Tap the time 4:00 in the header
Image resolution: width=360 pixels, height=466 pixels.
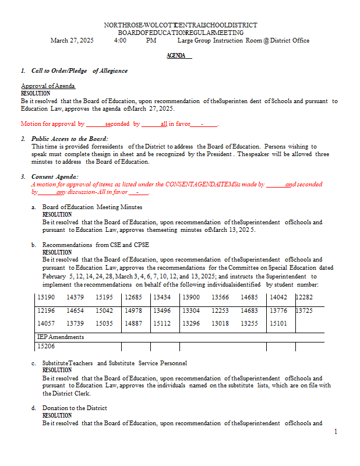tap(121, 41)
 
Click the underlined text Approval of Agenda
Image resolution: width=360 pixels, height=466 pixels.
tap(48, 86)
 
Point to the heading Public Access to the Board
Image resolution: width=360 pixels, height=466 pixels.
tap(70, 139)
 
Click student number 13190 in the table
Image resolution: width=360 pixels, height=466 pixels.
tap(46, 298)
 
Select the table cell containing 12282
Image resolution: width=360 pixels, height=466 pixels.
tap(308, 298)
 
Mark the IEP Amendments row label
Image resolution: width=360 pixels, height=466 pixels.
tap(61, 337)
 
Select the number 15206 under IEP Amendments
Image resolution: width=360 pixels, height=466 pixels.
tap(46, 346)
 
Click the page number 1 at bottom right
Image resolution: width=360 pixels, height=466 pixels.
tap(336, 432)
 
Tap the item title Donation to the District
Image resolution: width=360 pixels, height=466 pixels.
tap(75, 408)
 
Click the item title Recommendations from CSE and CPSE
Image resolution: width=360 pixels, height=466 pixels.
tap(96, 245)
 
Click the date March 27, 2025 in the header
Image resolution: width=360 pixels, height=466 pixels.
tap(72, 41)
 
